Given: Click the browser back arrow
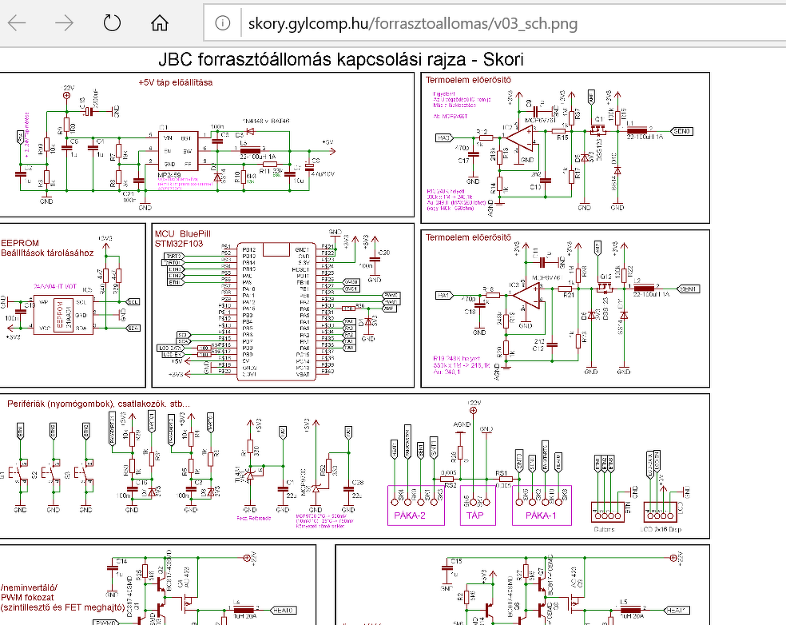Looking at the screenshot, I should pyautogui.click(x=17, y=23).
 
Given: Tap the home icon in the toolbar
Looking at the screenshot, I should pyautogui.click(x=161, y=23).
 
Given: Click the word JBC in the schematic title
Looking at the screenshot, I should pyautogui.click(x=176, y=60).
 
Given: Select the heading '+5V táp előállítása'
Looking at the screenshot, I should pyautogui.click(x=175, y=82).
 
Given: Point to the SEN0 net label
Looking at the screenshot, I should pyautogui.click(x=685, y=130).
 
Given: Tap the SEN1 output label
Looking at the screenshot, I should pyautogui.click(x=688, y=288).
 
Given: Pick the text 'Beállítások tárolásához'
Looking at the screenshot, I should pyautogui.click(x=47, y=253).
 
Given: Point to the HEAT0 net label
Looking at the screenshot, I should pyautogui.click(x=284, y=610).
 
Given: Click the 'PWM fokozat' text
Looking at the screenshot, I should pyautogui.click(x=28, y=597).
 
